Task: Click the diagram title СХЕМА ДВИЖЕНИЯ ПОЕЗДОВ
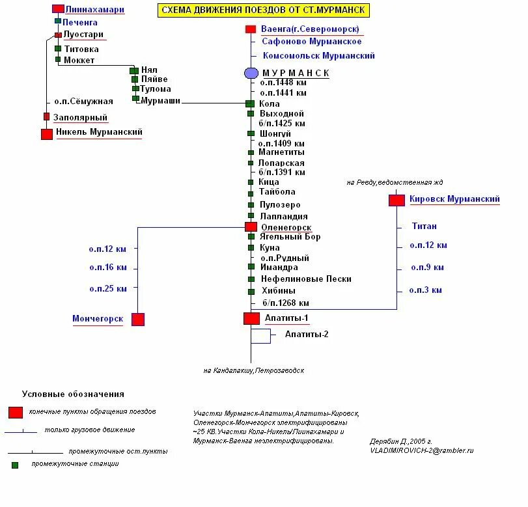point(262,10)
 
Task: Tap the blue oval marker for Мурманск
point(251,73)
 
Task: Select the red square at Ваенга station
point(251,29)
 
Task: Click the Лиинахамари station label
point(94,10)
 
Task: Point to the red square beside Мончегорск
point(138,320)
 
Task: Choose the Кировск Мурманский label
point(454,199)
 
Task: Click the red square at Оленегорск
point(251,226)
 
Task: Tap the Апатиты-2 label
point(307,335)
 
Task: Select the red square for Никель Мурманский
point(47,134)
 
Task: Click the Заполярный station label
point(80,118)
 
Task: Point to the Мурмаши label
point(160,101)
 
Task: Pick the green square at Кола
point(250,103)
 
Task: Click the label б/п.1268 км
point(286,303)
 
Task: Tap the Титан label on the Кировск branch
point(424,226)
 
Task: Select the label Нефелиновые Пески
point(306,279)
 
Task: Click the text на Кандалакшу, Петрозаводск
point(254,370)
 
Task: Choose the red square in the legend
point(15,413)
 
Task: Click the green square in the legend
point(15,465)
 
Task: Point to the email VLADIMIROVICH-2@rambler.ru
point(421,450)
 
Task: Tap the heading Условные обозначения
point(73,394)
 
